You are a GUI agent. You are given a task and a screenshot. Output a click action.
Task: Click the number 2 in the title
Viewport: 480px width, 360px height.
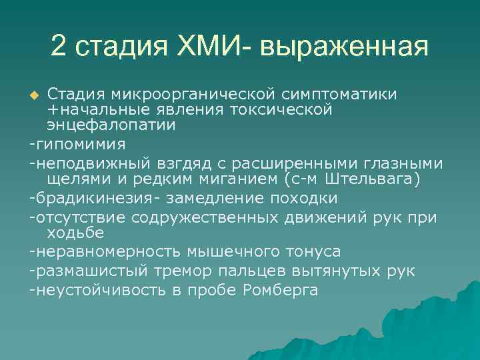coord(59,46)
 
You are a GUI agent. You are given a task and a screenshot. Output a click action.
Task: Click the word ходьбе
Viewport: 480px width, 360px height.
coord(73,233)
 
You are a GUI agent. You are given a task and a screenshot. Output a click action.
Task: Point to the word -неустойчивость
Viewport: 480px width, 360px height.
coord(90,289)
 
